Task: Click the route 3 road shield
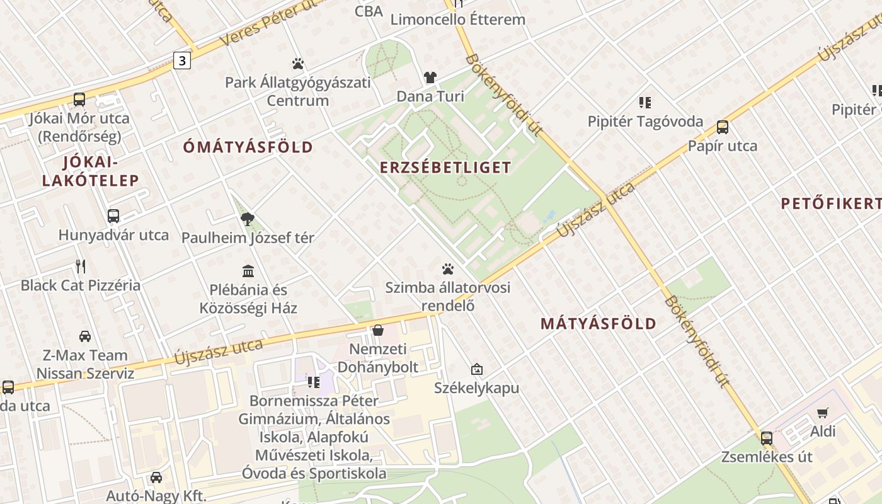pos(182,60)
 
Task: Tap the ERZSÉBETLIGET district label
pos(445,168)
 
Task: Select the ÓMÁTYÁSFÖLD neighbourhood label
pos(248,147)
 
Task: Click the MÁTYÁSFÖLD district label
pos(598,324)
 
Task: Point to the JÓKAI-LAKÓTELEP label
pos(91,171)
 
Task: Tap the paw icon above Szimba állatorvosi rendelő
pos(448,270)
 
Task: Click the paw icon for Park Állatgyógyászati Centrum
pos(298,64)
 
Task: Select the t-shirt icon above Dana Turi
pos(430,77)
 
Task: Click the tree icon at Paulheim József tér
pos(248,219)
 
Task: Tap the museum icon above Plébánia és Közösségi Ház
pos(248,271)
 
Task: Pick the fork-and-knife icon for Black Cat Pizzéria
pos(80,266)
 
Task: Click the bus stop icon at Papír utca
pos(723,127)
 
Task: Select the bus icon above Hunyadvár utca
pos(113,216)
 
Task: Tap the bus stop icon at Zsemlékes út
pos(767,438)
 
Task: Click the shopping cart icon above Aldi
pos(822,413)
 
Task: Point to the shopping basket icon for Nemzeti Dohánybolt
pos(378,330)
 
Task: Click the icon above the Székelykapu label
pos(477,369)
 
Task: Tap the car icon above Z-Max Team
pos(85,336)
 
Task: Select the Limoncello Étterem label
pos(458,19)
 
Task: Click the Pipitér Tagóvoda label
pos(645,121)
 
